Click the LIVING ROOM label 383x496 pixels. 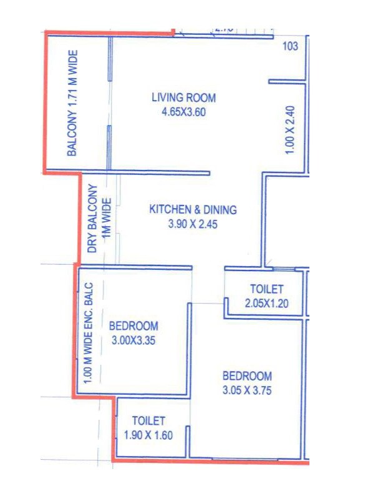click(x=183, y=97)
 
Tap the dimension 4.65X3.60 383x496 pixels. click(x=183, y=112)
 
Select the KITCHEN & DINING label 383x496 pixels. click(x=193, y=210)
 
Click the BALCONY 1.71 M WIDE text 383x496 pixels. click(x=72, y=103)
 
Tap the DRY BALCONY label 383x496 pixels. click(x=92, y=219)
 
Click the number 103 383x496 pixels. click(x=290, y=46)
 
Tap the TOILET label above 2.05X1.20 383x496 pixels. click(x=267, y=289)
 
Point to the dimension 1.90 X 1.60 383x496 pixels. click(x=148, y=435)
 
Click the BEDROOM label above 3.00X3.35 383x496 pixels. click(x=133, y=326)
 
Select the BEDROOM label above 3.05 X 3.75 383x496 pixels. click(x=247, y=376)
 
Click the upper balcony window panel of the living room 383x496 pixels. click(x=110, y=58)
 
